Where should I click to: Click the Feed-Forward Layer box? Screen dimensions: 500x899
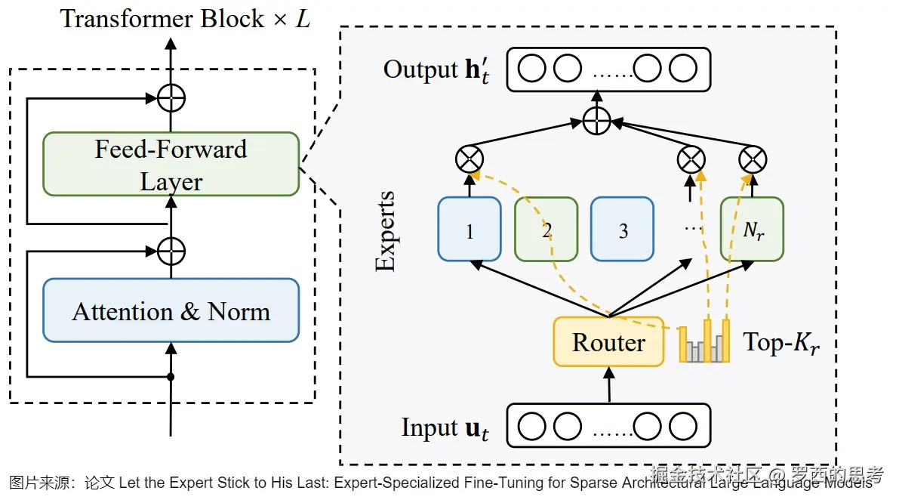[x=171, y=165]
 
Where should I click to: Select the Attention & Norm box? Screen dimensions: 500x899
[x=171, y=310]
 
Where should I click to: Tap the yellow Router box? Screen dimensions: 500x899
[x=608, y=342]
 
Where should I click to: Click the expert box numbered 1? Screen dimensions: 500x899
[x=470, y=229]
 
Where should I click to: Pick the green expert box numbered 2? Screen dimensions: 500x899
[x=546, y=229]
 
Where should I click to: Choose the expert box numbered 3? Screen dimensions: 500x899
[x=623, y=229]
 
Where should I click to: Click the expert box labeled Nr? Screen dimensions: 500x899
[x=753, y=229]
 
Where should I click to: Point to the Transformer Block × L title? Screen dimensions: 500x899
[x=186, y=18]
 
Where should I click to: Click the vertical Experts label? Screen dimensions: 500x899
[x=386, y=231]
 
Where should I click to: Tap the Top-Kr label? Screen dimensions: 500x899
[x=781, y=343]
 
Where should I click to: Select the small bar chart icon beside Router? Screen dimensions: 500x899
[x=704, y=342]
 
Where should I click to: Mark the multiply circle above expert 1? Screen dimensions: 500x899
[x=470, y=159]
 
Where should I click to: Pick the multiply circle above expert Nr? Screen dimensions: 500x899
[x=753, y=159]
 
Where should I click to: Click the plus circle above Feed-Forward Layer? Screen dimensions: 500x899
[x=171, y=97]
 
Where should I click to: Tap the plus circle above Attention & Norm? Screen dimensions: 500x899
[x=171, y=249]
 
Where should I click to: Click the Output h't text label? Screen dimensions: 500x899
[x=437, y=70]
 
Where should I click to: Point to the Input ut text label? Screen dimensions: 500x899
[x=445, y=428]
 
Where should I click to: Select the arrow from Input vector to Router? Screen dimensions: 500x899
[x=608, y=384]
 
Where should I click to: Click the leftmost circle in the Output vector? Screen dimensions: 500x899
[x=532, y=69]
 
